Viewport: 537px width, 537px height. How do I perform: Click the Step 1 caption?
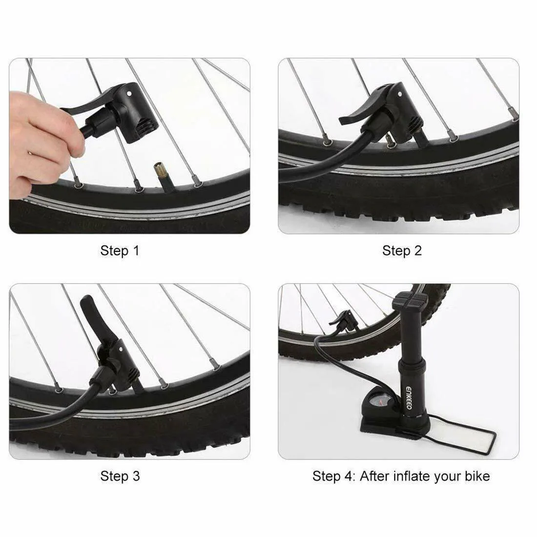pyautogui.click(x=120, y=251)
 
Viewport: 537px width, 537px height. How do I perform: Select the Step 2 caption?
pyautogui.click(x=402, y=251)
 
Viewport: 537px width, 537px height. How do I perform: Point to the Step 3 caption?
pyautogui.click(x=120, y=476)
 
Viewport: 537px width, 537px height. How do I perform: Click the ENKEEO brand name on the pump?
pyautogui.click(x=409, y=398)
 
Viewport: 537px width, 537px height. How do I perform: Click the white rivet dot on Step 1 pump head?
pyautogui.click(x=129, y=93)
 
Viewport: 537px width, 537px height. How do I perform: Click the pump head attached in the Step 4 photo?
pyautogui.click(x=344, y=321)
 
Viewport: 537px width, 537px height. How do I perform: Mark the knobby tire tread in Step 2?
pyautogui.click(x=397, y=209)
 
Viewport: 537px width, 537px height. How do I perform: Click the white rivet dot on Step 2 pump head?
pyautogui.click(x=400, y=94)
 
